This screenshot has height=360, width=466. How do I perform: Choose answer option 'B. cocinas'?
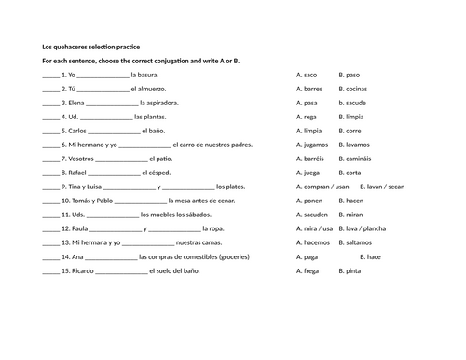[x=355, y=89]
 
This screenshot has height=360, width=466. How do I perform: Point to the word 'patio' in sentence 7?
[x=165, y=159]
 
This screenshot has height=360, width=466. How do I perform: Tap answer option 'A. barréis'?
[x=310, y=159]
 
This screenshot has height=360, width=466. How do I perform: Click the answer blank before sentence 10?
[x=50, y=201]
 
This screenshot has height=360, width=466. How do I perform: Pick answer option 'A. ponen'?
[x=309, y=201]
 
